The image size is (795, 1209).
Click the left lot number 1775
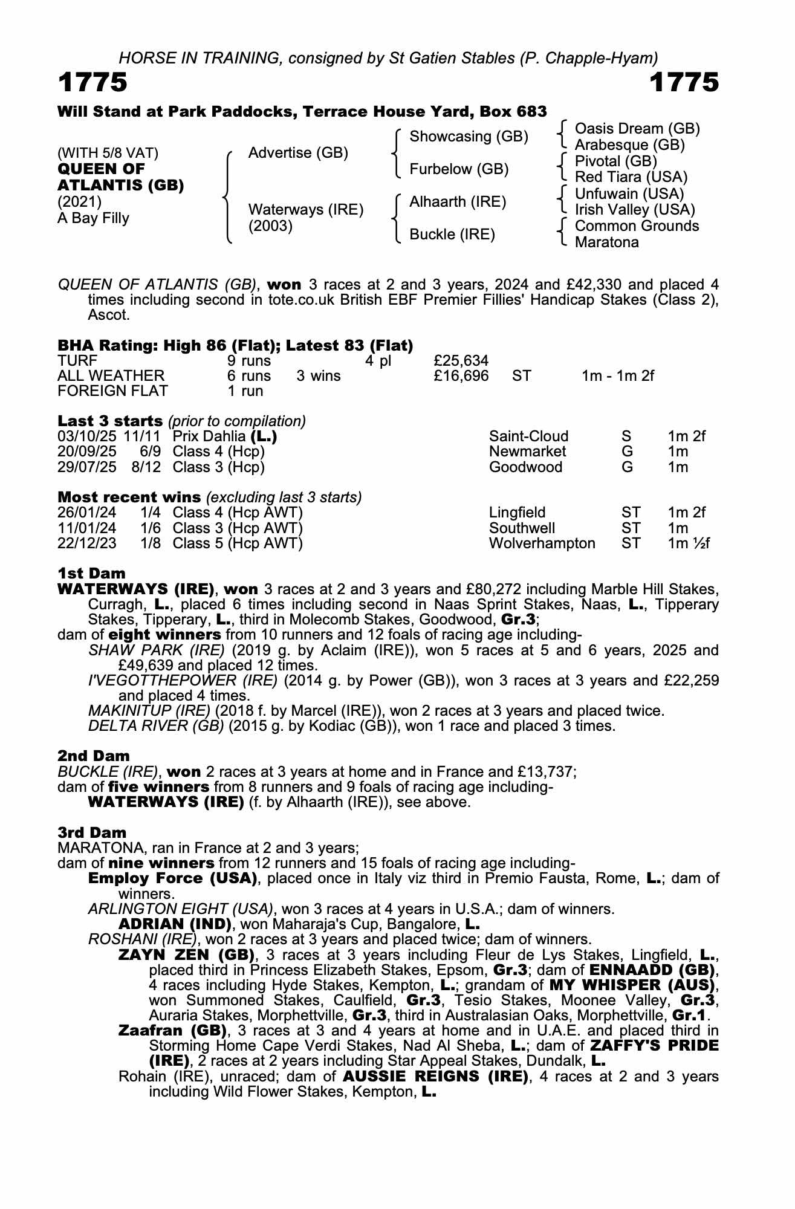tap(92, 83)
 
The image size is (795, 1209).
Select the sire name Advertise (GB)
tap(298, 153)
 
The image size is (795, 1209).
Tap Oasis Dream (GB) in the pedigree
tap(637, 129)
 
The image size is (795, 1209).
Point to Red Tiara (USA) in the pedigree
tap(631, 177)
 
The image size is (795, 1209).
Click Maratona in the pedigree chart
tap(606, 242)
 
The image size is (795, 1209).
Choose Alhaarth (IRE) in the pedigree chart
tap(458, 202)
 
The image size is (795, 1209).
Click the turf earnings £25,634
tap(461, 361)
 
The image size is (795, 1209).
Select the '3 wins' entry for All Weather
tap(318, 376)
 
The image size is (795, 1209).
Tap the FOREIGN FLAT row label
tap(112, 391)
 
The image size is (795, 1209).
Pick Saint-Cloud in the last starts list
tap(528, 436)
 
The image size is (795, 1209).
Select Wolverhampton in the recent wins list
tap(542, 543)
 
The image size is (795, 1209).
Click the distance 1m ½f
tap(688, 543)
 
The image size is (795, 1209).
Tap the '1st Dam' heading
tap(91, 573)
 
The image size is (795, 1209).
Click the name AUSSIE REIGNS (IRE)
tap(435, 1077)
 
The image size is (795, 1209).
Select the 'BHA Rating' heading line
tap(235, 345)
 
